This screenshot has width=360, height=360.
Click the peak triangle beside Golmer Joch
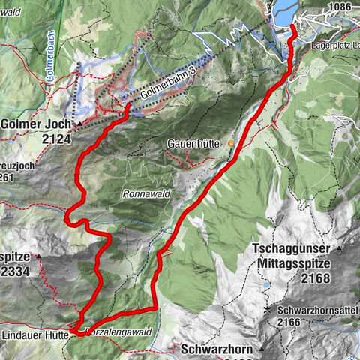(x=78, y=123)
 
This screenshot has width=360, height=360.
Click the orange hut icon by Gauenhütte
(x=231, y=143)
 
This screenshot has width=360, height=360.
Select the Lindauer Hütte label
(x=34, y=334)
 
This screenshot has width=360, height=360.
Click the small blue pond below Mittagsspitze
(x=267, y=286)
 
